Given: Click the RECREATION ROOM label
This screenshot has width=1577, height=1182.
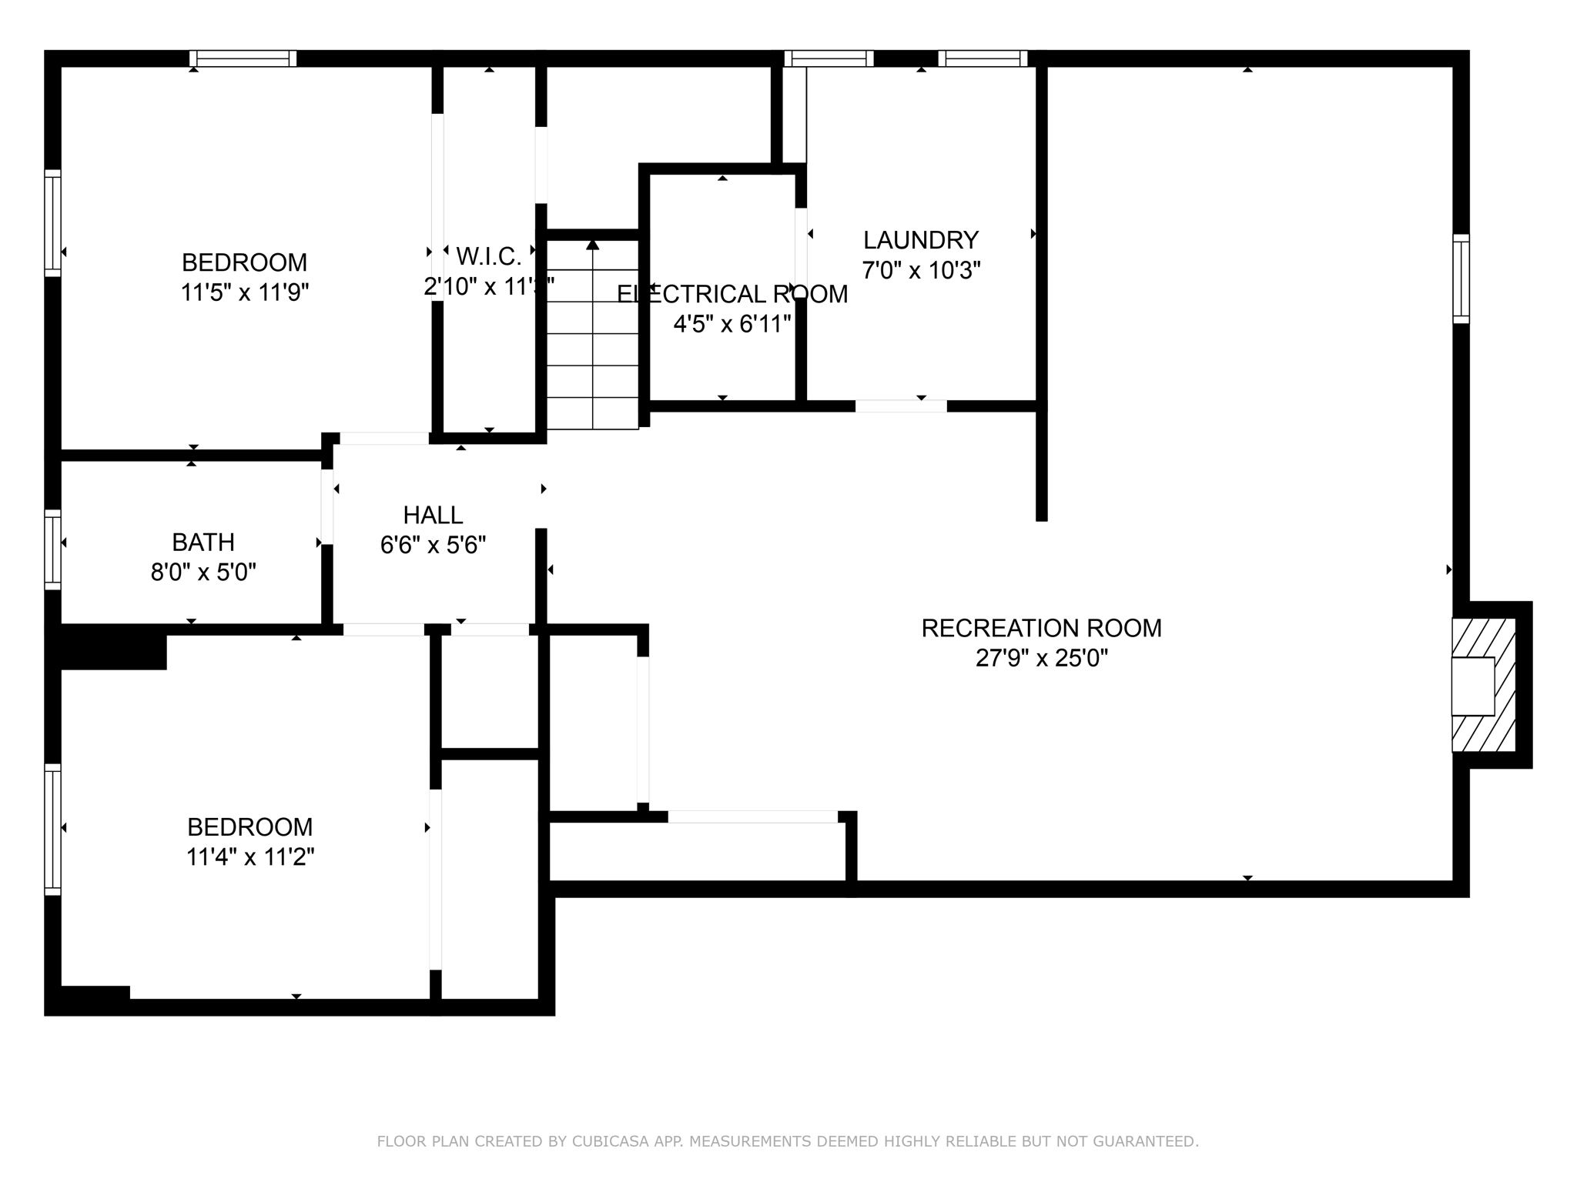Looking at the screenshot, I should [x=1041, y=628].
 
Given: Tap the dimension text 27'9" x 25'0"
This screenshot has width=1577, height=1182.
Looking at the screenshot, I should [x=1041, y=659].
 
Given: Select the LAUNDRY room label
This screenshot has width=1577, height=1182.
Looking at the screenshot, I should [x=920, y=240].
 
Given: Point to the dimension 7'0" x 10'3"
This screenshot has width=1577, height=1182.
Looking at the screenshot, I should [x=920, y=271].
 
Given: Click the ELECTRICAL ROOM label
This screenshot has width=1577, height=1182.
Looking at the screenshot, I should [x=732, y=294].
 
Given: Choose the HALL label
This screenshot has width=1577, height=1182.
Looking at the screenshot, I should [x=433, y=515].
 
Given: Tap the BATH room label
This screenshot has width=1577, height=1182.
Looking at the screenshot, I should [x=203, y=543].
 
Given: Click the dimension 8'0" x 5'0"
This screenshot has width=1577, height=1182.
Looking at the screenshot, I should [x=203, y=573].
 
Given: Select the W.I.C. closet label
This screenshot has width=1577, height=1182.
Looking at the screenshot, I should [x=488, y=255].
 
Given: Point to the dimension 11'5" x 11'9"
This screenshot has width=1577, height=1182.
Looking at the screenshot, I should [x=244, y=293].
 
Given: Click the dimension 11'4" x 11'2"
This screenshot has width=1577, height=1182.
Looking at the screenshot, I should [x=249, y=857].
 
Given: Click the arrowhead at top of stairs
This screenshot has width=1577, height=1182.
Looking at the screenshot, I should [x=592, y=245].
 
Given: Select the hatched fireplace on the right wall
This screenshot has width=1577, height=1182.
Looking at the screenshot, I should [x=1483, y=685].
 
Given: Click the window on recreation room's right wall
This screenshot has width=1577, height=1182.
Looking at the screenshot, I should [x=1461, y=279].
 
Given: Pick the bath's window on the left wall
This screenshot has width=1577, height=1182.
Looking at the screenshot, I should [x=52, y=549].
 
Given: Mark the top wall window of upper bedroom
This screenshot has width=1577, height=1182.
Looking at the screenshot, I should [x=243, y=58].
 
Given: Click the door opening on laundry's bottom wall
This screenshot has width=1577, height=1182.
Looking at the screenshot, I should [x=901, y=406].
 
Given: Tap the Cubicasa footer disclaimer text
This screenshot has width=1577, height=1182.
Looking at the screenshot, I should [x=787, y=1141].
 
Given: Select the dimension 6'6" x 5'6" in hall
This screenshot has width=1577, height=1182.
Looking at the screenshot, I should [x=433, y=546].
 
